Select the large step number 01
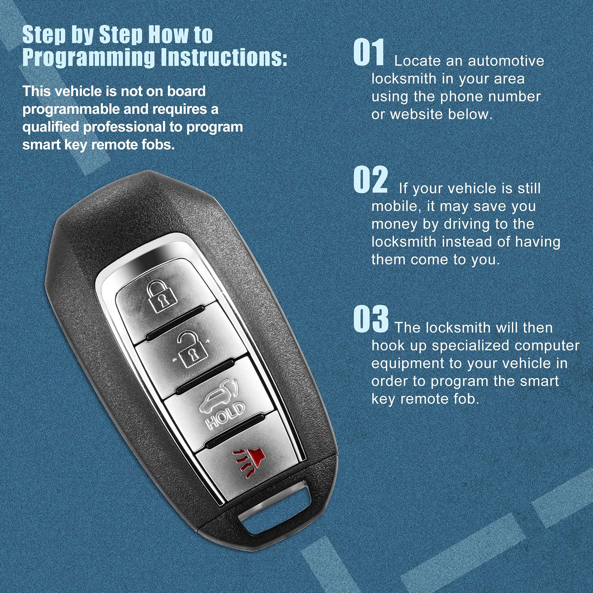click(x=369, y=52)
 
